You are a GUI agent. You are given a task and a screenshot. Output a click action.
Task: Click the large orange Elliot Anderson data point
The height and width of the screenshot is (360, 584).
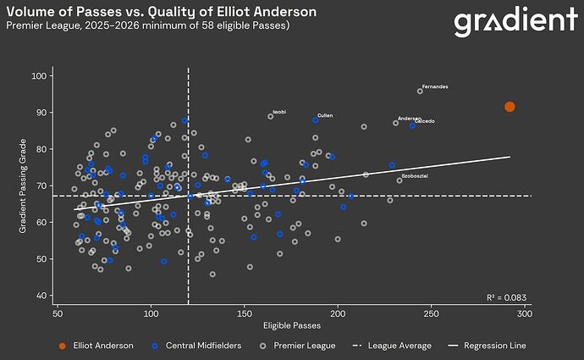[510, 107]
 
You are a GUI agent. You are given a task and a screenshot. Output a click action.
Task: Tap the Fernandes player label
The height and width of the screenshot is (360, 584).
[435, 87]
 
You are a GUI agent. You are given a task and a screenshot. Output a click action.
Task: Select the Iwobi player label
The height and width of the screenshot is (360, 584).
[279, 112]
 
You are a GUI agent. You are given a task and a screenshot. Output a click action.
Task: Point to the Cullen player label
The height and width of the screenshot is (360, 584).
[325, 115]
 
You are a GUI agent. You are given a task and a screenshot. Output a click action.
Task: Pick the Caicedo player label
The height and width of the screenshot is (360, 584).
[425, 122]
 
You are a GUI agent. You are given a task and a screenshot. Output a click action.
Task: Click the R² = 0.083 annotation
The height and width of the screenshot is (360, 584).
[506, 297]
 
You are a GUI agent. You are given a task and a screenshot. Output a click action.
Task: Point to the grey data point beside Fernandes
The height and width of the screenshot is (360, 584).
[420, 91]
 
